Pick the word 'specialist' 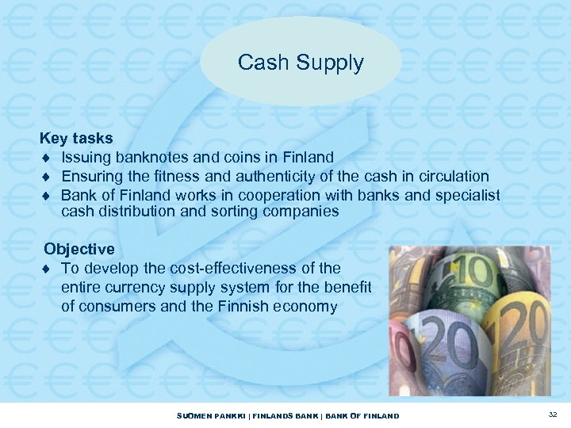click(467, 194)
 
